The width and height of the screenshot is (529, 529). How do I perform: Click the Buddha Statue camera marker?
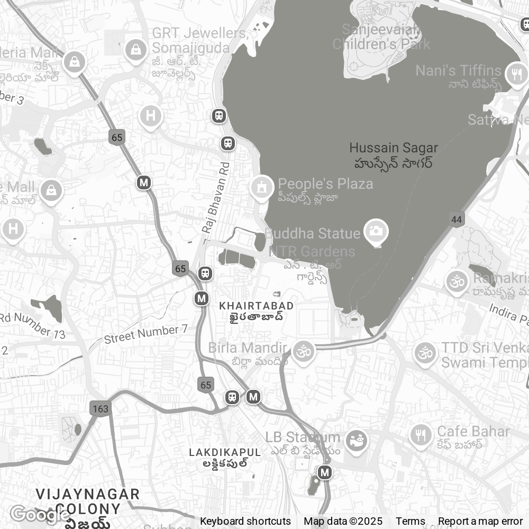pos(376,231)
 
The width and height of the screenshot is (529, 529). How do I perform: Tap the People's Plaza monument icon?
pos(261,187)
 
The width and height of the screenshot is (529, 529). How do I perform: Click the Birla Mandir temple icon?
pos(303,351)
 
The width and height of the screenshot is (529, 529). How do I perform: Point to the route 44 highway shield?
pos(457,220)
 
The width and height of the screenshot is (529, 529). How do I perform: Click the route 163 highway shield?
pos(99,409)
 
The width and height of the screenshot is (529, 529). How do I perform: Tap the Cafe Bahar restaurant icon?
pos(421,435)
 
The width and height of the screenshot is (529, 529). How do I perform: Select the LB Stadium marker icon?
pos(357,440)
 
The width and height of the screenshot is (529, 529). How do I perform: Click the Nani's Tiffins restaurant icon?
pos(516,74)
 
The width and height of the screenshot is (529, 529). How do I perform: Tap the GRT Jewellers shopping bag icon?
pos(136,50)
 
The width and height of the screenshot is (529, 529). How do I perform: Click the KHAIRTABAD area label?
pos(257,306)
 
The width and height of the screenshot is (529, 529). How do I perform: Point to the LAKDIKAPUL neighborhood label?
pos(225,453)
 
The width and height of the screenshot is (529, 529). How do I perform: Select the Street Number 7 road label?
pos(146,334)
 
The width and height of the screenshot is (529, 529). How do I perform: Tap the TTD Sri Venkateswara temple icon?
pos(425,352)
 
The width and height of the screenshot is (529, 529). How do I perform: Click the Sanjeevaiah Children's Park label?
pos(381,37)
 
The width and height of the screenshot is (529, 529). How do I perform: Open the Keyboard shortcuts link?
pos(245,521)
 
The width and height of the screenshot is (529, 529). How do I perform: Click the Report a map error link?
pos(480,521)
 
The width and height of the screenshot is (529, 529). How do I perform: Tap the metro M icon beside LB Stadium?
pos(325,472)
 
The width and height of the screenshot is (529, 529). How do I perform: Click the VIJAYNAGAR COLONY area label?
pos(88,501)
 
